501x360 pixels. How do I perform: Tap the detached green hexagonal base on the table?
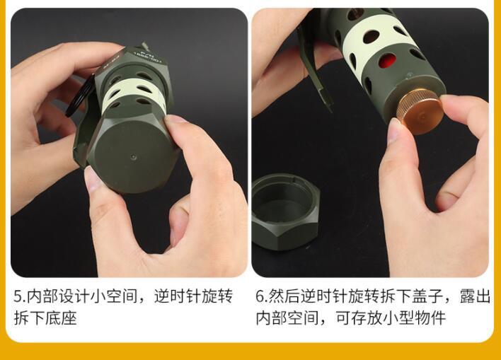tap(284, 213)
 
